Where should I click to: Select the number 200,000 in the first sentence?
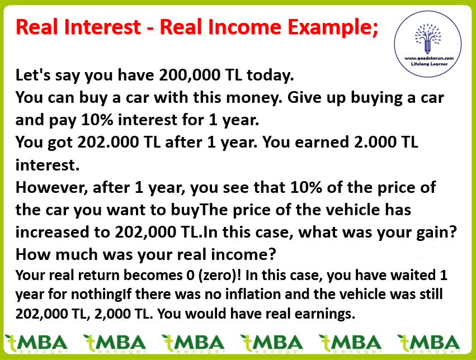(x=190, y=75)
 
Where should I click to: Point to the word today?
(x=270, y=75)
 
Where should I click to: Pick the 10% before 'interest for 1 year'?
(x=97, y=120)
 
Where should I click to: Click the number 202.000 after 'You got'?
(x=108, y=142)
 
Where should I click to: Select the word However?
(x=51, y=187)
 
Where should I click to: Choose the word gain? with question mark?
(x=437, y=233)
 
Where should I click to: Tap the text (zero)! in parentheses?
(x=219, y=276)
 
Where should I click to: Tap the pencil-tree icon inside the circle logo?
(x=428, y=38)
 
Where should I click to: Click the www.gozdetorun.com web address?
(x=429, y=58)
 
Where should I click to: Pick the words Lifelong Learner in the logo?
(x=429, y=64)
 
